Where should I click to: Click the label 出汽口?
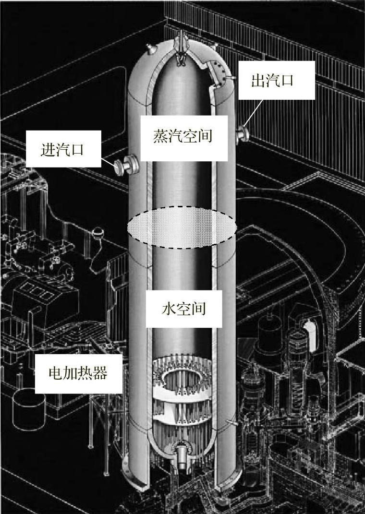tap(272, 80)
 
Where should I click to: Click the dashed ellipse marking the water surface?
tap(182, 227)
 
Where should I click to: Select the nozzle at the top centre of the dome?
tap(181, 38)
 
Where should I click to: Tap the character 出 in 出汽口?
tap(258, 80)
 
